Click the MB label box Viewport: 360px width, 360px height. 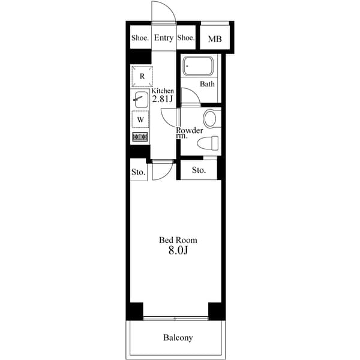pyautogui.click(x=214, y=39)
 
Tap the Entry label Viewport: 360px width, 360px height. pyautogui.click(x=163, y=38)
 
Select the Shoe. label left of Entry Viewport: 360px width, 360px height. pyautogui.click(x=140, y=38)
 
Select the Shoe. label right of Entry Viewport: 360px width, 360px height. pyautogui.click(x=186, y=38)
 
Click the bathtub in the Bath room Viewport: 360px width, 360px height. pyautogui.click(x=200, y=66)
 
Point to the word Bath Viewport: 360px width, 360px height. pyautogui.click(x=207, y=84)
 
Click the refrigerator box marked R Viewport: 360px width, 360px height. pyautogui.click(x=142, y=76)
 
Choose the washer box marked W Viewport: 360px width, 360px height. pyautogui.click(x=140, y=119)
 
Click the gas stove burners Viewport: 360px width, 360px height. pyautogui.click(x=140, y=137)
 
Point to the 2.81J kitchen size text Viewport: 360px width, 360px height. pyautogui.click(x=162, y=99)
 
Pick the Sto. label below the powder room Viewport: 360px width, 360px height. pyautogui.click(x=199, y=170)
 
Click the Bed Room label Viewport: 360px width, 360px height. pyautogui.click(x=178, y=240)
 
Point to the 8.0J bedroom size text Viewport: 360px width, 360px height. pyautogui.click(x=178, y=251)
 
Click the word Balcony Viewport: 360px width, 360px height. pyautogui.click(x=178, y=338)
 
